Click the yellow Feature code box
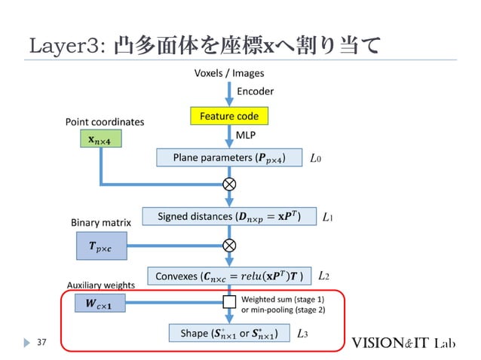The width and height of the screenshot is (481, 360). pyautogui.click(x=229, y=117)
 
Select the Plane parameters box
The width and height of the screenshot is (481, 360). pyautogui.click(x=229, y=158)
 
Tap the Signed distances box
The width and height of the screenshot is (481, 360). pyautogui.click(x=228, y=218)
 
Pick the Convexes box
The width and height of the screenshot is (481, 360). pyautogui.click(x=229, y=276)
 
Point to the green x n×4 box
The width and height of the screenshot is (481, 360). pyautogui.click(x=100, y=139)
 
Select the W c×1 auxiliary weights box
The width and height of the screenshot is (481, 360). pyautogui.click(x=100, y=304)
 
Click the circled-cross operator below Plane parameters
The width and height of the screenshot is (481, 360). pyautogui.click(x=229, y=185)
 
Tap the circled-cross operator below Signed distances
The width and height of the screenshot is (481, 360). pyautogui.click(x=229, y=245)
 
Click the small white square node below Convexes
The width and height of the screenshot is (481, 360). pyautogui.click(x=229, y=304)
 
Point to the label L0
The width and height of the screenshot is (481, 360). pyautogui.click(x=317, y=158)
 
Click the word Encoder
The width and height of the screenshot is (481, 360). pyautogui.click(x=256, y=91)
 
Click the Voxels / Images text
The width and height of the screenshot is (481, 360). pyautogui.click(x=229, y=74)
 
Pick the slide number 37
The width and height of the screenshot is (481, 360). pyautogui.click(x=43, y=343)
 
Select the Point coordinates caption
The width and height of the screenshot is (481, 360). pyautogui.click(x=105, y=121)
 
